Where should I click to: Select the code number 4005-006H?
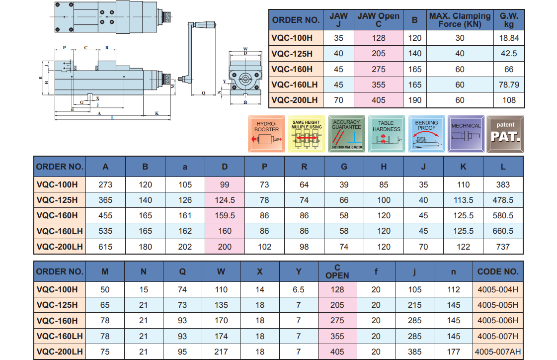[x=498, y=320]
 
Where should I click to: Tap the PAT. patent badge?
[x=505, y=134]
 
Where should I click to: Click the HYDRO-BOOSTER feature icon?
[x=267, y=134]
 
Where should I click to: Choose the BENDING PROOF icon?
[x=426, y=134]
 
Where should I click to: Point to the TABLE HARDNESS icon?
[x=386, y=134]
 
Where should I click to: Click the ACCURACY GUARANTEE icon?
[x=346, y=134]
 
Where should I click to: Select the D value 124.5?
[x=225, y=200]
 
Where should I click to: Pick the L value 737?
[x=503, y=247]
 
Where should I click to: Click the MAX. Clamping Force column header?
[x=460, y=20]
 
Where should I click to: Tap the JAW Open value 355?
[x=378, y=85]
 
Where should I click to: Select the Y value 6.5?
[x=299, y=289]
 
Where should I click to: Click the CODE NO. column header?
[x=498, y=271]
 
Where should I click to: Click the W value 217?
[x=221, y=352]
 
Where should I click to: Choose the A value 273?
[x=105, y=184]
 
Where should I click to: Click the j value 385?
[x=415, y=352]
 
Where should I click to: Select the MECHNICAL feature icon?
[x=466, y=134]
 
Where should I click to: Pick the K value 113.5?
[x=463, y=200]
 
